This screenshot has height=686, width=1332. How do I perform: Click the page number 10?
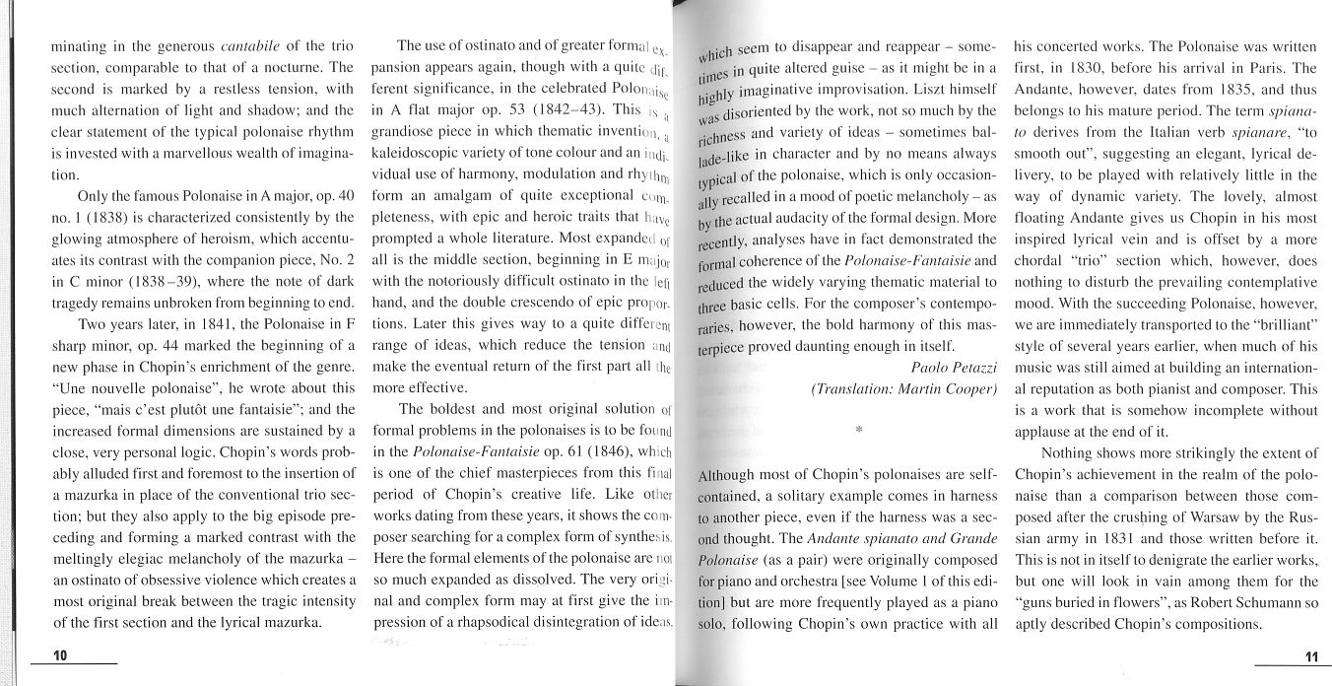pos(60,655)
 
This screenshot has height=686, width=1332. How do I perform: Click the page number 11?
pos(1310,656)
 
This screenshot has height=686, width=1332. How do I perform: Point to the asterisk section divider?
pos(859,431)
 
